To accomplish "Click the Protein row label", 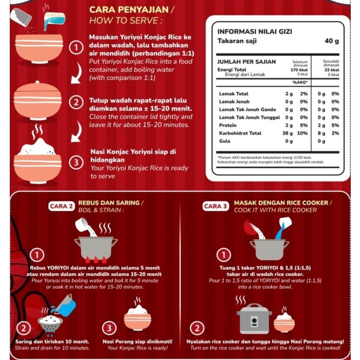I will pos(227,125).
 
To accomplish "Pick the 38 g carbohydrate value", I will pos(289,133).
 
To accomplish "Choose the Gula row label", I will pos(224,141).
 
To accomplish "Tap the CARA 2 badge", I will pos(61,206).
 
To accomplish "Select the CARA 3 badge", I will pos(217,206).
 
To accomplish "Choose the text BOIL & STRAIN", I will pos(101,210).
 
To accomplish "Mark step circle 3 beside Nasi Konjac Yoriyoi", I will pos(76,163).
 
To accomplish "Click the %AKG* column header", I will pos(300,82).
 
